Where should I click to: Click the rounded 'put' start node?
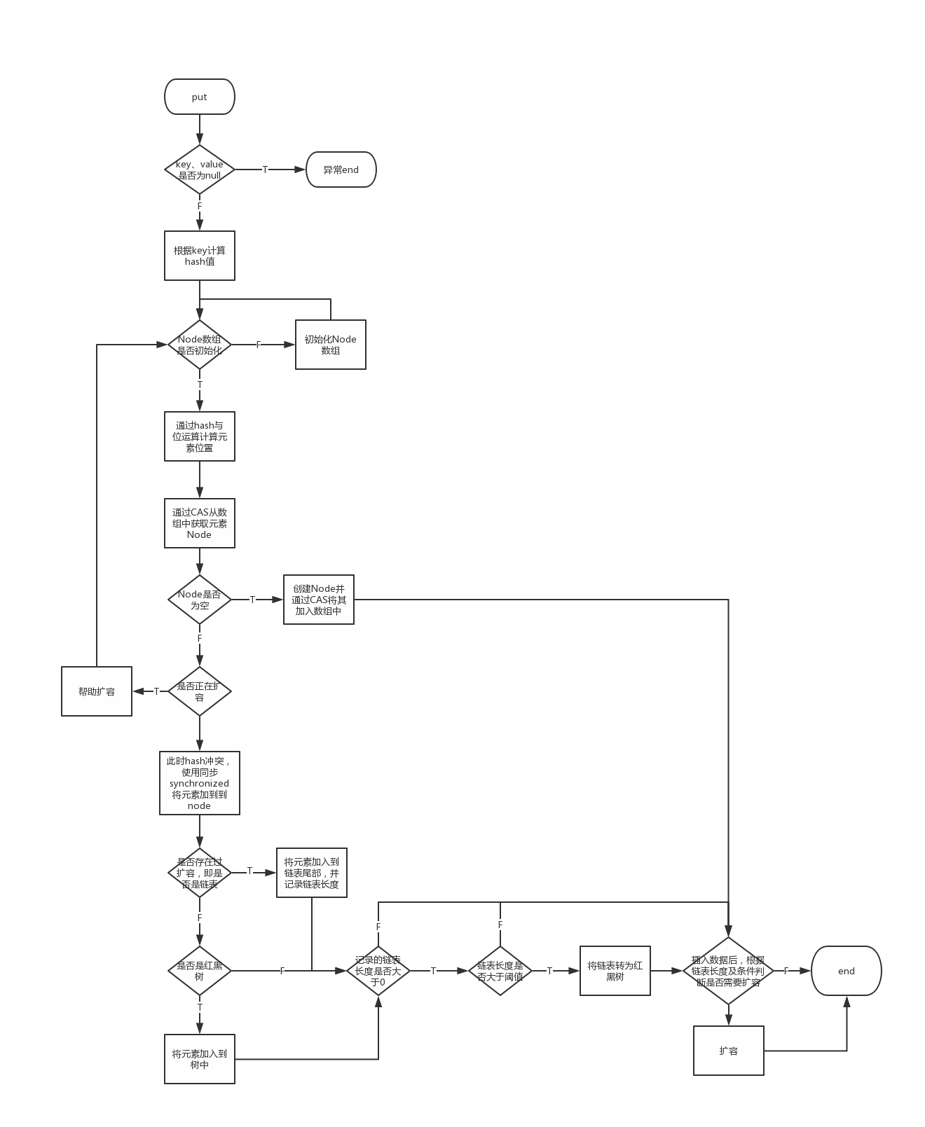[199, 97]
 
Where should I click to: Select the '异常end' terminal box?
[341, 170]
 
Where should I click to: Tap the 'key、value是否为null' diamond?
[199, 170]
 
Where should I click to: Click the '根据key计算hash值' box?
[199, 256]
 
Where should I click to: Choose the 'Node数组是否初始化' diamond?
[199, 345]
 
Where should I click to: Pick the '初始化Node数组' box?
[330, 345]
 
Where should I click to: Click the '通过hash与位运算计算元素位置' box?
[199, 436]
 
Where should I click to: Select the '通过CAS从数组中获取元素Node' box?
[199, 523]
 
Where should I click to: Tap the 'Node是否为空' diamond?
[199, 600]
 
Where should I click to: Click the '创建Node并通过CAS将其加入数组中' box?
[318, 600]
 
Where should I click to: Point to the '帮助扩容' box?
[97, 691]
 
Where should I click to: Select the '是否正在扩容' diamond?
[199, 691]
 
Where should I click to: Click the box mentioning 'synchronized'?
[199, 783]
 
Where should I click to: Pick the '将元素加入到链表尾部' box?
[311, 873]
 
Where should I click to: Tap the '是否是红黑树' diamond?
[199, 971]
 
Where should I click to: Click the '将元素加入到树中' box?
[199, 1059]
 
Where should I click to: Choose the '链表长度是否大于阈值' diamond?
[500, 971]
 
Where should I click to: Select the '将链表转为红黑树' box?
[615, 971]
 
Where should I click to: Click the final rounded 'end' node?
[846, 971]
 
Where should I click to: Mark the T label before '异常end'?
[265, 170]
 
